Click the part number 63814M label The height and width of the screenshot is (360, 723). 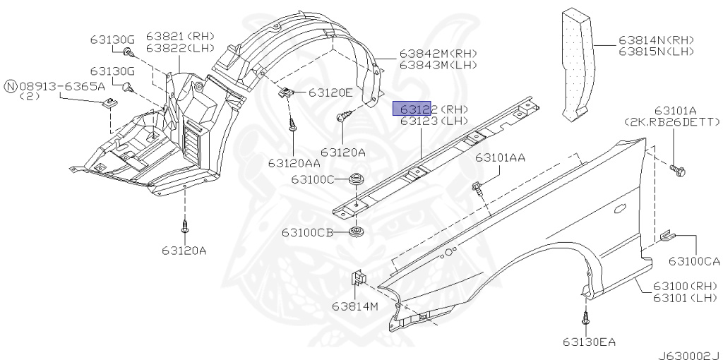pyautogui.click(x=355, y=306)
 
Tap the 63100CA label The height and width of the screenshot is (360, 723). pyautogui.click(x=695, y=261)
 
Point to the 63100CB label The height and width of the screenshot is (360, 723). pyautogui.click(x=308, y=233)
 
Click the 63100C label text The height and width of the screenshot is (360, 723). pyautogui.click(x=313, y=179)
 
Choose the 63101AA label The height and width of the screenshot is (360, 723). pyautogui.click(x=501, y=158)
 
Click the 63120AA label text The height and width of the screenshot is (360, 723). pyautogui.click(x=294, y=163)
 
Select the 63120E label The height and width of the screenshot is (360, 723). pyautogui.click(x=330, y=92)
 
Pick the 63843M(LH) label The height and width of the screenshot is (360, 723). pyautogui.click(x=438, y=65)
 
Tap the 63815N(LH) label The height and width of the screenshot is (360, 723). pyautogui.click(x=656, y=52)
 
